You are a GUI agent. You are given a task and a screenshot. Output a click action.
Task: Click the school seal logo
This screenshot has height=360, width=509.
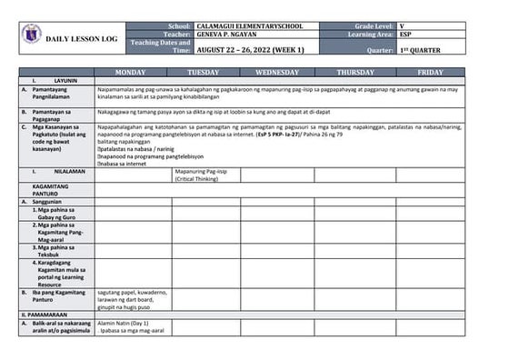(x=31, y=35)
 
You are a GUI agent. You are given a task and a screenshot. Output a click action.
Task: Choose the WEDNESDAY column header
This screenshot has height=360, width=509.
(x=277, y=71)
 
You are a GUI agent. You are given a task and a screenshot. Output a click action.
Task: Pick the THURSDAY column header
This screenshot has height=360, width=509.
(x=355, y=71)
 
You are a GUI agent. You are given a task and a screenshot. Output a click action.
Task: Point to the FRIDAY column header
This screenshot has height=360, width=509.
(x=431, y=71)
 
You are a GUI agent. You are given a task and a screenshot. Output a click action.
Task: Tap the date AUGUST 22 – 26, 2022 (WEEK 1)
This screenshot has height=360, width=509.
(x=251, y=50)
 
